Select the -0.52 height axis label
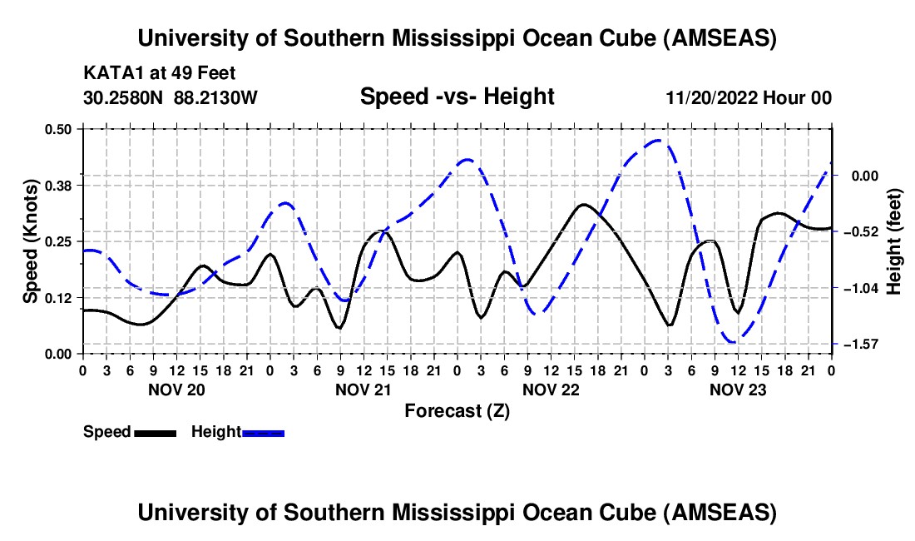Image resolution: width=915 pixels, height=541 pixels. click(x=857, y=231)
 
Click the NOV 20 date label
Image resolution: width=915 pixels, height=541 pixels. click(x=176, y=389)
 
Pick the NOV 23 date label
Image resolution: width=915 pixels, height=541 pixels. click(x=738, y=389)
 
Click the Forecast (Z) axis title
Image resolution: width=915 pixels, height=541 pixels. click(x=457, y=410)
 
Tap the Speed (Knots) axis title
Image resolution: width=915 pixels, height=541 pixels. click(x=31, y=241)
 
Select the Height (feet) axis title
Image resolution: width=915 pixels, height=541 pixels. click(x=894, y=236)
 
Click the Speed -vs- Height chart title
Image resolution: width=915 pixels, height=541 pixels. click(x=457, y=97)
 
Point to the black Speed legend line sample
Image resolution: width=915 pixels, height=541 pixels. click(x=155, y=432)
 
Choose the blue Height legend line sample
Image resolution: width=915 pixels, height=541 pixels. click(x=263, y=432)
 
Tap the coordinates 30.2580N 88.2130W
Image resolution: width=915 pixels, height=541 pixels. click(x=171, y=98)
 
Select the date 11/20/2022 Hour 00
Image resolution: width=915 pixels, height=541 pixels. click(x=749, y=98)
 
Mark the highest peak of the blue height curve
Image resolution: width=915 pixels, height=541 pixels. click(x=660, y=141)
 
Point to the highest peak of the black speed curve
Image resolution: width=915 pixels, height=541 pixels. click(x=584, y=204)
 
